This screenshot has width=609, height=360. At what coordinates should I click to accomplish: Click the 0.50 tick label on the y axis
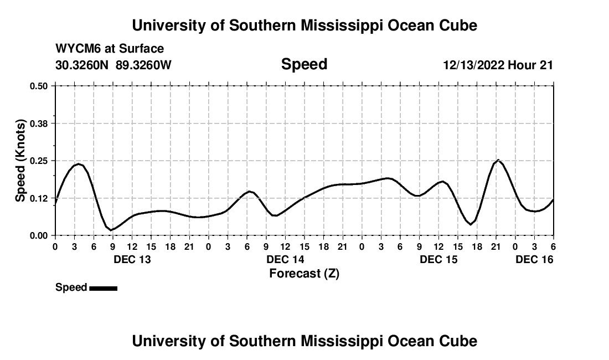39,86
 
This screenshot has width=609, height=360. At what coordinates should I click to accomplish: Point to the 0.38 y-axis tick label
39,123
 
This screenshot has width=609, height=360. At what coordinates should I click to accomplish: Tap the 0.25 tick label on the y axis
39,161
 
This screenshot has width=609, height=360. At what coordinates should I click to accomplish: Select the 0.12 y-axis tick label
39,198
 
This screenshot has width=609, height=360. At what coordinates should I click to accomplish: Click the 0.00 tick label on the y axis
39,235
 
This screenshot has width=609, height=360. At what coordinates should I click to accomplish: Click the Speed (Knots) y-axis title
20,160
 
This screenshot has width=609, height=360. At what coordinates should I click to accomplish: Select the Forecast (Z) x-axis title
304,273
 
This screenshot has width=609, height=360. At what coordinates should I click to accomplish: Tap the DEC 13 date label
132,259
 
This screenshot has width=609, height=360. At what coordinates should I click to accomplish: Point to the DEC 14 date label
285,259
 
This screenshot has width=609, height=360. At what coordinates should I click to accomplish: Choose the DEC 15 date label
438,259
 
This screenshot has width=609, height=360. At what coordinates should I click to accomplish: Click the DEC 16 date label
534,259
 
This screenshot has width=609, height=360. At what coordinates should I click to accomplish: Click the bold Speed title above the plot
304,64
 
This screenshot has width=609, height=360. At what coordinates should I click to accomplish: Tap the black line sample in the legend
103,288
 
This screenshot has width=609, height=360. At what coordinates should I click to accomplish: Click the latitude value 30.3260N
82,65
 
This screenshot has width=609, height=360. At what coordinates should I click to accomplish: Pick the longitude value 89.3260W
143,65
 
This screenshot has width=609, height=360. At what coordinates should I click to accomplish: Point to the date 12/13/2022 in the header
474,65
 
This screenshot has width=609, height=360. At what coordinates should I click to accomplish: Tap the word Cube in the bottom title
459,341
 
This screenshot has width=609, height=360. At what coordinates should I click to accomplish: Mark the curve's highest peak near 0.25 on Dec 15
498,160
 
